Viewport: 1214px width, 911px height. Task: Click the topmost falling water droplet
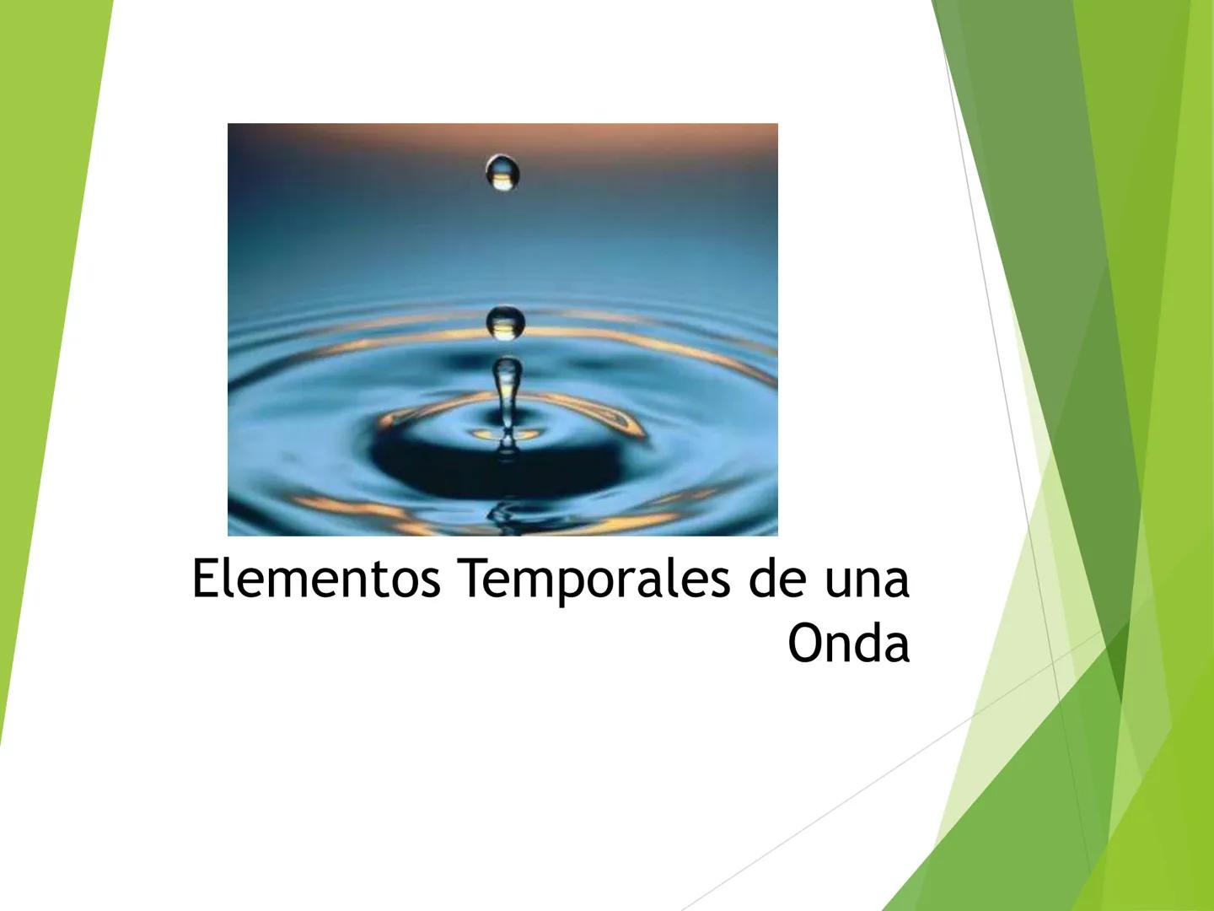(503, 173)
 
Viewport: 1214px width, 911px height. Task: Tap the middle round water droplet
(505, 323)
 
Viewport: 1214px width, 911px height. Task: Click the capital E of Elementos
(204, 579)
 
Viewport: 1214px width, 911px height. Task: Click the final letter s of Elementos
(430, 582)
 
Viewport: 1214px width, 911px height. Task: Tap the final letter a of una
(897, 582)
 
